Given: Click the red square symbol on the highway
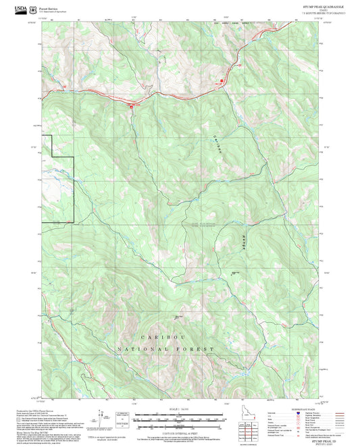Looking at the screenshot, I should (132, 105).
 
